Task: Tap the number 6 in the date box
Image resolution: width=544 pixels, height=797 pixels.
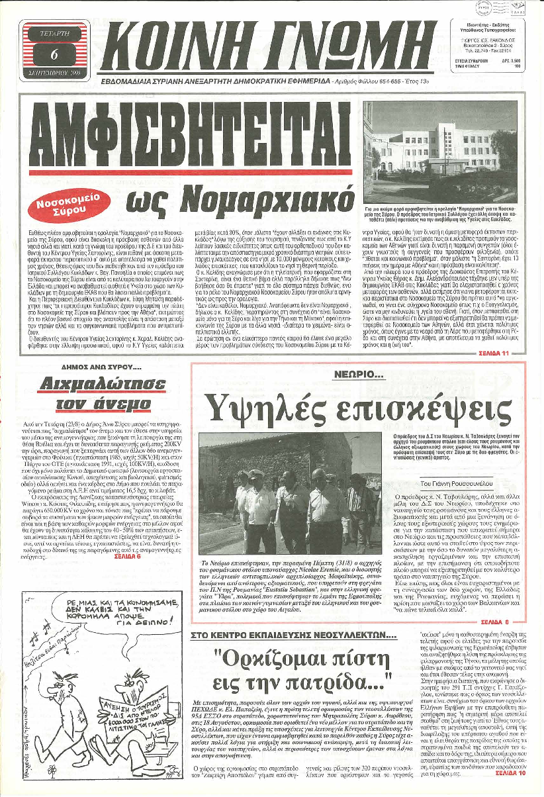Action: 54,54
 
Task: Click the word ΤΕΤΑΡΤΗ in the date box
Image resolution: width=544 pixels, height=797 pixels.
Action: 54,30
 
